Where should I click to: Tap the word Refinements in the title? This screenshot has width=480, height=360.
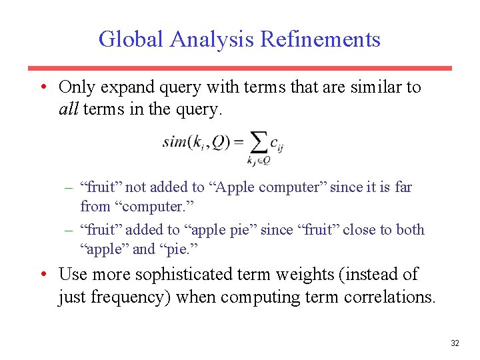coord(320,39)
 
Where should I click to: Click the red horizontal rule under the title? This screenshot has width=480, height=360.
coord(239,68)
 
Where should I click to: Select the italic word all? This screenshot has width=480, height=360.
coord(69,109)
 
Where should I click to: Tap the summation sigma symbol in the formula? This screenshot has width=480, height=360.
coord(257,141)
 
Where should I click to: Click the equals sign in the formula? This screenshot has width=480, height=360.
coord(238,141)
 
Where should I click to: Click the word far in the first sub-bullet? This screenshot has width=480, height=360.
coord(403,187)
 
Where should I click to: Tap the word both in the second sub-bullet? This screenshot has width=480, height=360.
coord(410,230)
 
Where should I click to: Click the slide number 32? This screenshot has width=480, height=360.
coord(455,343)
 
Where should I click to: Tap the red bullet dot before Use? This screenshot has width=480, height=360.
coord(43,274)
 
